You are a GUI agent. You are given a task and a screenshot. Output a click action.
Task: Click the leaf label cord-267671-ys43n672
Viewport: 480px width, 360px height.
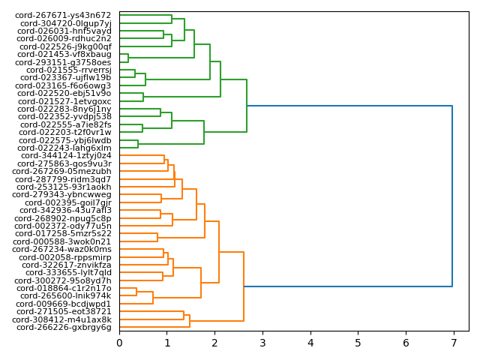coord(64,15)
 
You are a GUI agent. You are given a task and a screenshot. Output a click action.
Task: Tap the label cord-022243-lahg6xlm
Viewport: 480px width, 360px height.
coord(64,148)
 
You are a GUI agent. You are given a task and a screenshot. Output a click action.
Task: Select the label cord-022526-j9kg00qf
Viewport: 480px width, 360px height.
coord(64,46)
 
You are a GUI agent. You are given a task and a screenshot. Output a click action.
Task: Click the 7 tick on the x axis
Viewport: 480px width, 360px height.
coord(454,343)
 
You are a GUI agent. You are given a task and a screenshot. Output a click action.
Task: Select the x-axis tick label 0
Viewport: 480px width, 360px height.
coord(119,343)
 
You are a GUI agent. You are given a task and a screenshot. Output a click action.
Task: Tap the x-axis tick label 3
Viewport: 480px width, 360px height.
coord(262,343)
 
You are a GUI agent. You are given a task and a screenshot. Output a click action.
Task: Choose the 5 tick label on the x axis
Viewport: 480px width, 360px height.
coord(358,343)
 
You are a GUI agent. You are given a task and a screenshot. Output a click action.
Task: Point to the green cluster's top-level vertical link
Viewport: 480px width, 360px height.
coord(247,106)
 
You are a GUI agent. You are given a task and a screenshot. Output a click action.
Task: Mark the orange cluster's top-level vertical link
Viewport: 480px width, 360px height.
coord(244,286)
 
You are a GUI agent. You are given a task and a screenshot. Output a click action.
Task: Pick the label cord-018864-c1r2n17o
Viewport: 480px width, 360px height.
coord(64,288)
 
